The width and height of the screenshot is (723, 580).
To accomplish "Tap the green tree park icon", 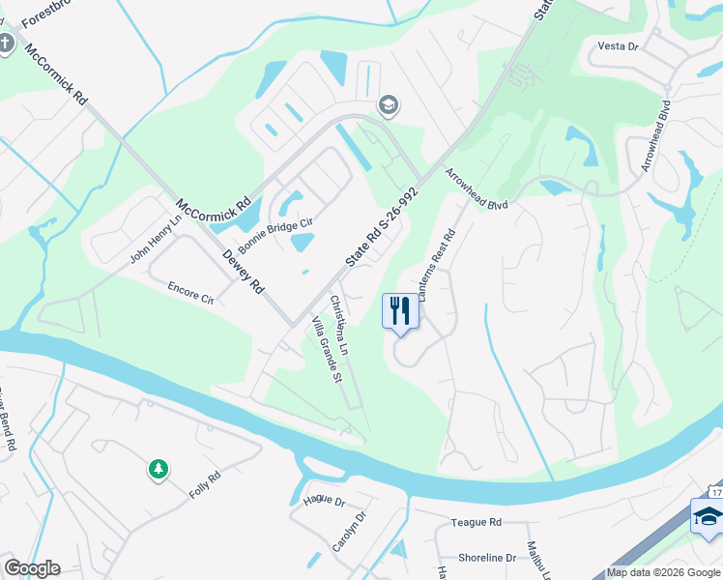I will coord(158,470).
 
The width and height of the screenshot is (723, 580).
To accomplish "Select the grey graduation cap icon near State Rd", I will coord(389,105).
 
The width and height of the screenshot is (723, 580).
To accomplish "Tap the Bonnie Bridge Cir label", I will coord(277,233).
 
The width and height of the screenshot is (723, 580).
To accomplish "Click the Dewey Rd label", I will coord(243,272).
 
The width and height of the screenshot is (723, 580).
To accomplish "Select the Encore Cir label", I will coord(189,293).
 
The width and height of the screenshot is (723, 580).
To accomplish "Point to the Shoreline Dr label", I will coord(486,558).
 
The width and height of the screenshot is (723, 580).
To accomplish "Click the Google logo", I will coord(32,568).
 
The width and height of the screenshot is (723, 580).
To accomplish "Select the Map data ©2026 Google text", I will coord(662,572).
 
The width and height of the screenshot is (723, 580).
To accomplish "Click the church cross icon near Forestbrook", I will coord(7,43).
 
